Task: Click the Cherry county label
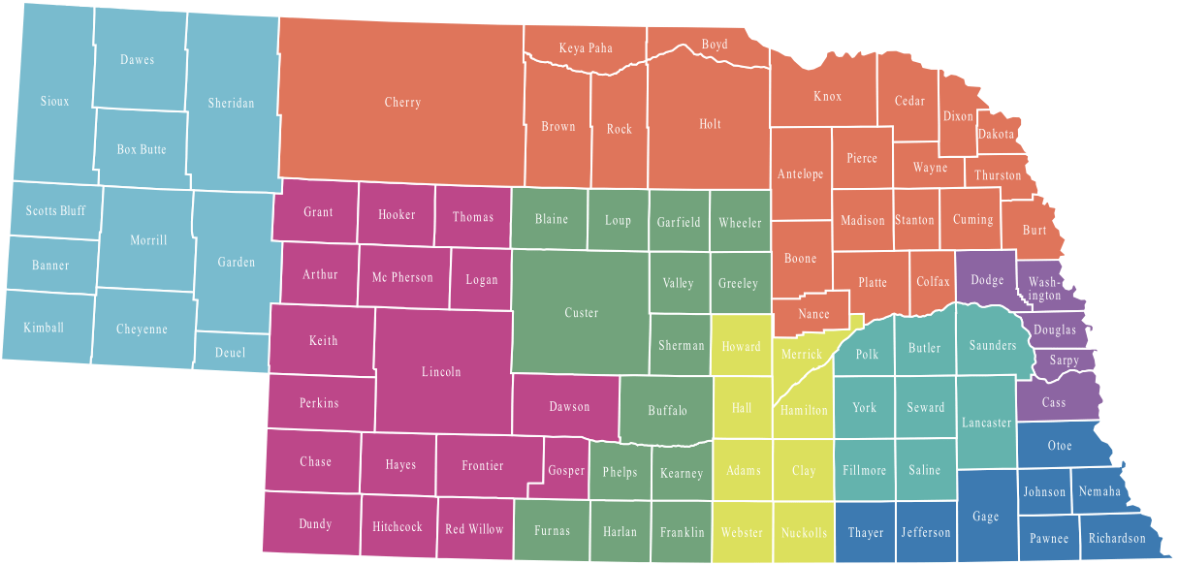[402, 103]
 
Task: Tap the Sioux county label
[55, 101]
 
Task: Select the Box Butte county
[142, 149]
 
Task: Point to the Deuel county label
[231, 353]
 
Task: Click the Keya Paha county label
[586, 48]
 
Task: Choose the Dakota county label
[996, 135]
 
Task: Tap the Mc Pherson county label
[402, 278]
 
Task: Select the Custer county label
[582, 313]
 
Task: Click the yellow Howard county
[742, 346]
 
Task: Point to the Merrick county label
[802, 355]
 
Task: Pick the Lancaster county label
[987, 424]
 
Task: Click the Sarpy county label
[1065, 361]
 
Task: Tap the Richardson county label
[1117, 539]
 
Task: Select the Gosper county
[566, 471]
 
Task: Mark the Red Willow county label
[474, 529]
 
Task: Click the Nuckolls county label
[804, 533]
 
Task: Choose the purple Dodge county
[987, 281]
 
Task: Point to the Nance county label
[814, 314]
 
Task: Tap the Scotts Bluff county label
[55, 211]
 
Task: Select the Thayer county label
[866, 533]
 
